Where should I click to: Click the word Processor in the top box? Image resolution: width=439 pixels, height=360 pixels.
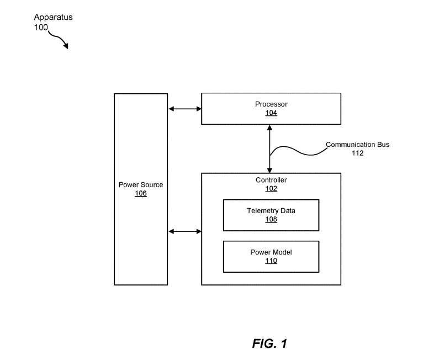pos(271,104)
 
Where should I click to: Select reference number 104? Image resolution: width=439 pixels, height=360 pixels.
pos(271,113)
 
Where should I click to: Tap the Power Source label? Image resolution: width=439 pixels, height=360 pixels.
pos(141,184)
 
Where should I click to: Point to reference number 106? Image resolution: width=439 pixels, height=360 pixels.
pos(141,193)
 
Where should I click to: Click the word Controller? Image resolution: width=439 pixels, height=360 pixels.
pos(271,180)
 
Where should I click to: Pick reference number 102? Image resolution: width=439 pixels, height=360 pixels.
pos(271,189)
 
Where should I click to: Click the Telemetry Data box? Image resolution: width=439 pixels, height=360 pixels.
pos(271,215)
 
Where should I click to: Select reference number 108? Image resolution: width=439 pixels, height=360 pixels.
pos(271,219)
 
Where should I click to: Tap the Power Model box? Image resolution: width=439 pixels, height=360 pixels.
pos(271,256)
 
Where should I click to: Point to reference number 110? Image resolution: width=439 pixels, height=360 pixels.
pos(271,261)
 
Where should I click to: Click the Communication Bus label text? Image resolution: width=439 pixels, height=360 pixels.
pos(357,145)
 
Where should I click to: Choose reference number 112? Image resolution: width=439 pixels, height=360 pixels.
pos(357,153)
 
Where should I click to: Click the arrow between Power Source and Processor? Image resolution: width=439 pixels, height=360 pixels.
pos(184,109)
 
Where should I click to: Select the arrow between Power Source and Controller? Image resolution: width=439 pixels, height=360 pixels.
pos(184,231)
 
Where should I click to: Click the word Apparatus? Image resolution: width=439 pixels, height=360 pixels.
pos(52,17)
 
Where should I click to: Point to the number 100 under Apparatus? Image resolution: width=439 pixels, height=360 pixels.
pos(41,27)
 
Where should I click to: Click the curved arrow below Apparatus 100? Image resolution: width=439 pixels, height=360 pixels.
pos(59,40)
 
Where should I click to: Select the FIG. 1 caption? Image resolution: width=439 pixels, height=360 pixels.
pos(269,343)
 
